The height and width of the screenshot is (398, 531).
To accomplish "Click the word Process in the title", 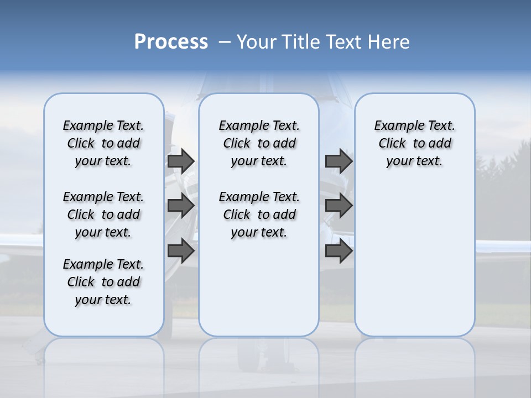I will click(171, 42).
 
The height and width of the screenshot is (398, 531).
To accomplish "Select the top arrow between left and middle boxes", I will click(181, 161).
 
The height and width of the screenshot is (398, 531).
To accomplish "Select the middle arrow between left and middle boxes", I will click(181, 206).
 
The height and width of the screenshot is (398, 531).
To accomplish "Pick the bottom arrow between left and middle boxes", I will click(181, 251).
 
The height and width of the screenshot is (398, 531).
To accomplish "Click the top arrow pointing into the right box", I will click(339, 161).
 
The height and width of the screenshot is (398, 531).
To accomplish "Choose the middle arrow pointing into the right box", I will click(339, 206).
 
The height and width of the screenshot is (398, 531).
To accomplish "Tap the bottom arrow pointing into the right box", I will click(339, 251).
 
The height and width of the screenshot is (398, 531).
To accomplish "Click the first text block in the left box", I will click(103, 143).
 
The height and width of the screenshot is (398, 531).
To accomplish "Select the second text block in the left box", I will click(103, 214).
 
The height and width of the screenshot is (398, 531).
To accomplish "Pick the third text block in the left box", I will click(103, 282).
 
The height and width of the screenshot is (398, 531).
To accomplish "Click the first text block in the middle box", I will click(259, 143).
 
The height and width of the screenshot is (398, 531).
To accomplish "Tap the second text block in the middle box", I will click(259, 214).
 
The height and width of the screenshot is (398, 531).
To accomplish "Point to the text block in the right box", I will click(414, 143).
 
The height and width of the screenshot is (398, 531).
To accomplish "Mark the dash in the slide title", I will click(225, 42).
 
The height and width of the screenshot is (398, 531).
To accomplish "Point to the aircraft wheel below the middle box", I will click(251, 359).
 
